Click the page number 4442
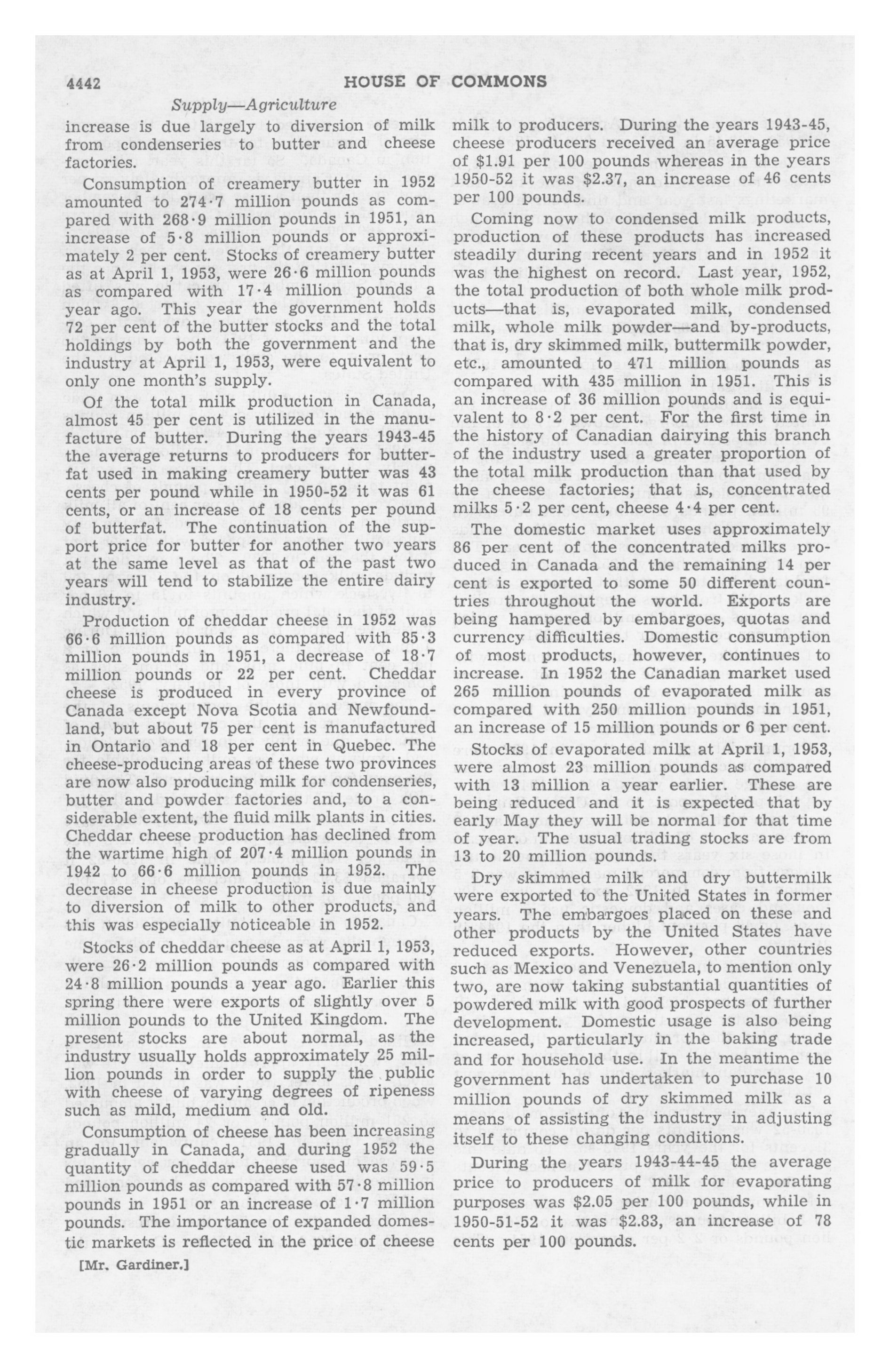(x=84, y=84)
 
